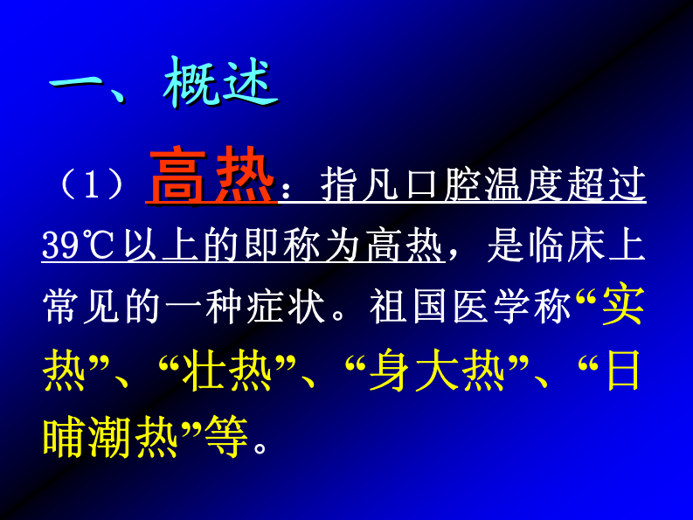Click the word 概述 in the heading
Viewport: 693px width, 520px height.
pyautogui.click(x=220, y=86)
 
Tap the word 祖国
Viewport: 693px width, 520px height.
pyautogui.click(x=399, y=309)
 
